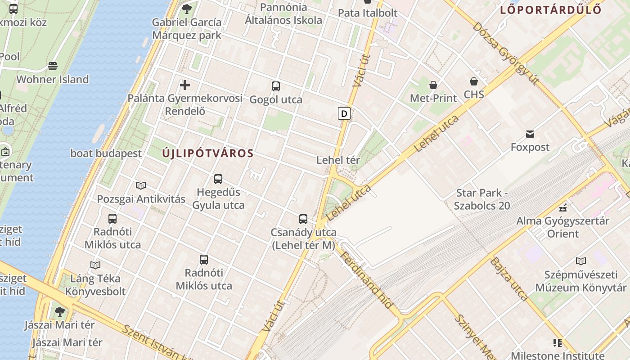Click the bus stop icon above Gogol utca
(x=275, y=86)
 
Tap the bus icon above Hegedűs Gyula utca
(x=218, y=179)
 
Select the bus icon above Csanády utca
(x=303, y=219)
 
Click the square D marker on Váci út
(x=344, y=113)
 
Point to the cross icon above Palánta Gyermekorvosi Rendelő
(x=184, y=85)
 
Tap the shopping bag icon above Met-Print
(x=433, y=85)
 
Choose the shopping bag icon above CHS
(x=473, y=81)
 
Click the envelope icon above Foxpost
(x=530, y=134)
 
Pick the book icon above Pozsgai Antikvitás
(x=141, y=185)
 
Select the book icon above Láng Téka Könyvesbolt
(x=95, y=265)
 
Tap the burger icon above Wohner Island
(x=53, y=67)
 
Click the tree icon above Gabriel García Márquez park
(x=186, y=9)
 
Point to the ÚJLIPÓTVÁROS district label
(x=208, y=153)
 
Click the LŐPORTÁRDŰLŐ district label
(x=551, y=9)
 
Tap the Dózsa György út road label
(x=505, y=53)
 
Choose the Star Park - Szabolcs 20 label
(x=482, y=199)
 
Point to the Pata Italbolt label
(x=368, y=13)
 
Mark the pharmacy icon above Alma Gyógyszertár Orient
(x=562, y=208)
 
